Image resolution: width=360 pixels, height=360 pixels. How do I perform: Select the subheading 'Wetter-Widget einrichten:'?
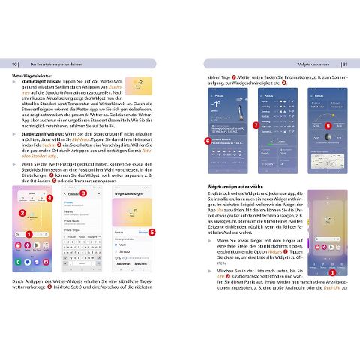click(34, 76)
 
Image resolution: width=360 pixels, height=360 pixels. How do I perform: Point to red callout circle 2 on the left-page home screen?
click(22, 214)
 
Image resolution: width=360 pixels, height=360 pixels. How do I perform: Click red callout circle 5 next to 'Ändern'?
click(151, 232)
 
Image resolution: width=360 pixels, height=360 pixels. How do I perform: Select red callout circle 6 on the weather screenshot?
click(208, 139)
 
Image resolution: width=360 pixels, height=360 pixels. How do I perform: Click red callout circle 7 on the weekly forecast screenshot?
click(256, 126)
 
